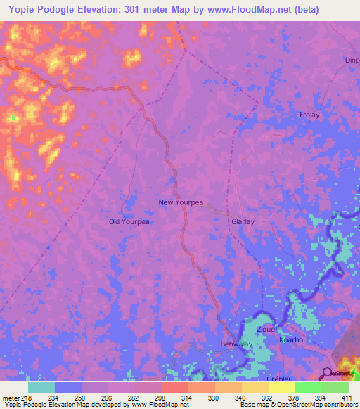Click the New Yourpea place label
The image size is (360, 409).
pyautogui.click(x=181, y=202)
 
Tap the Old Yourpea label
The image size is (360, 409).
pyautogui.click(x=129, y=221)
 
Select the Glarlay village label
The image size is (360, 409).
pyautogui.click(x=243, y=221)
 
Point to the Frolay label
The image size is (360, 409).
pyautogui.click(x=309, y=115)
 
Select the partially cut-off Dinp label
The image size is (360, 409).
pyautogui.click(x=352, y=60)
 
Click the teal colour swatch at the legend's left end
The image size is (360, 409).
pyautogui.click(x=41, y=387)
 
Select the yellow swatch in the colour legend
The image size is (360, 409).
pyautogui.click(x=281, y=387)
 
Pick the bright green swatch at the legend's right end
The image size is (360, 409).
pyautogui.click(x=335, y=387)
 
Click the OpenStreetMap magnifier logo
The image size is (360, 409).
pyautogui.click(x=328, y=372)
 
